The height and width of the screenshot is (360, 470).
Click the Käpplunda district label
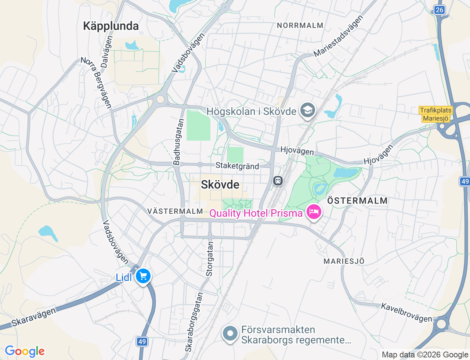coord(111,26)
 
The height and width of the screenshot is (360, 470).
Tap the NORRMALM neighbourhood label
coord(300,25)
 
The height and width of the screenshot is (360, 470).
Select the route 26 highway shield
coord(439,10)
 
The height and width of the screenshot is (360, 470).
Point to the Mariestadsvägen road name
coord(338,36)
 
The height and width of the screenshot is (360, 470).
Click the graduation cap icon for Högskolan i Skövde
coord(308,110)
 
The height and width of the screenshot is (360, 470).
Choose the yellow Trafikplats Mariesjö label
coord(435,114)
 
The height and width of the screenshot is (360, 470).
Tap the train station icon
coord(278,180)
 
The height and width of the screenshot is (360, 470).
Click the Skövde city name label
coord(220,184)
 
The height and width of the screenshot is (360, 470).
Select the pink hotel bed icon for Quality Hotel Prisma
coord(314,212)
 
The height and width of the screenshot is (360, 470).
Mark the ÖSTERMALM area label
coord(357,201)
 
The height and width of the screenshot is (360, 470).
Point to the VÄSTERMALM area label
coord(175,211)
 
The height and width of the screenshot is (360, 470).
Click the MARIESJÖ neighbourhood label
coord(344,261)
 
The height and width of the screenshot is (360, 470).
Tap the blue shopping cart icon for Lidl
coord(143,276)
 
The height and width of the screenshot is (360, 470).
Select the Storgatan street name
coord(209,259)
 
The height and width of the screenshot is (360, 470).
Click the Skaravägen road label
coord(34,317)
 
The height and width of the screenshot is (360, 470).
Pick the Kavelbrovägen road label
coord(406,313)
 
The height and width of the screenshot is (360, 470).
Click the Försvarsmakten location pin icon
coord(230,334)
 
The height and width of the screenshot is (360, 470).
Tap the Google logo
coord(25,352)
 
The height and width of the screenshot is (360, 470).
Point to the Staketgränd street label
coord(237,166)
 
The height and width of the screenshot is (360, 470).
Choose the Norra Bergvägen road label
coord(96,83)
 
